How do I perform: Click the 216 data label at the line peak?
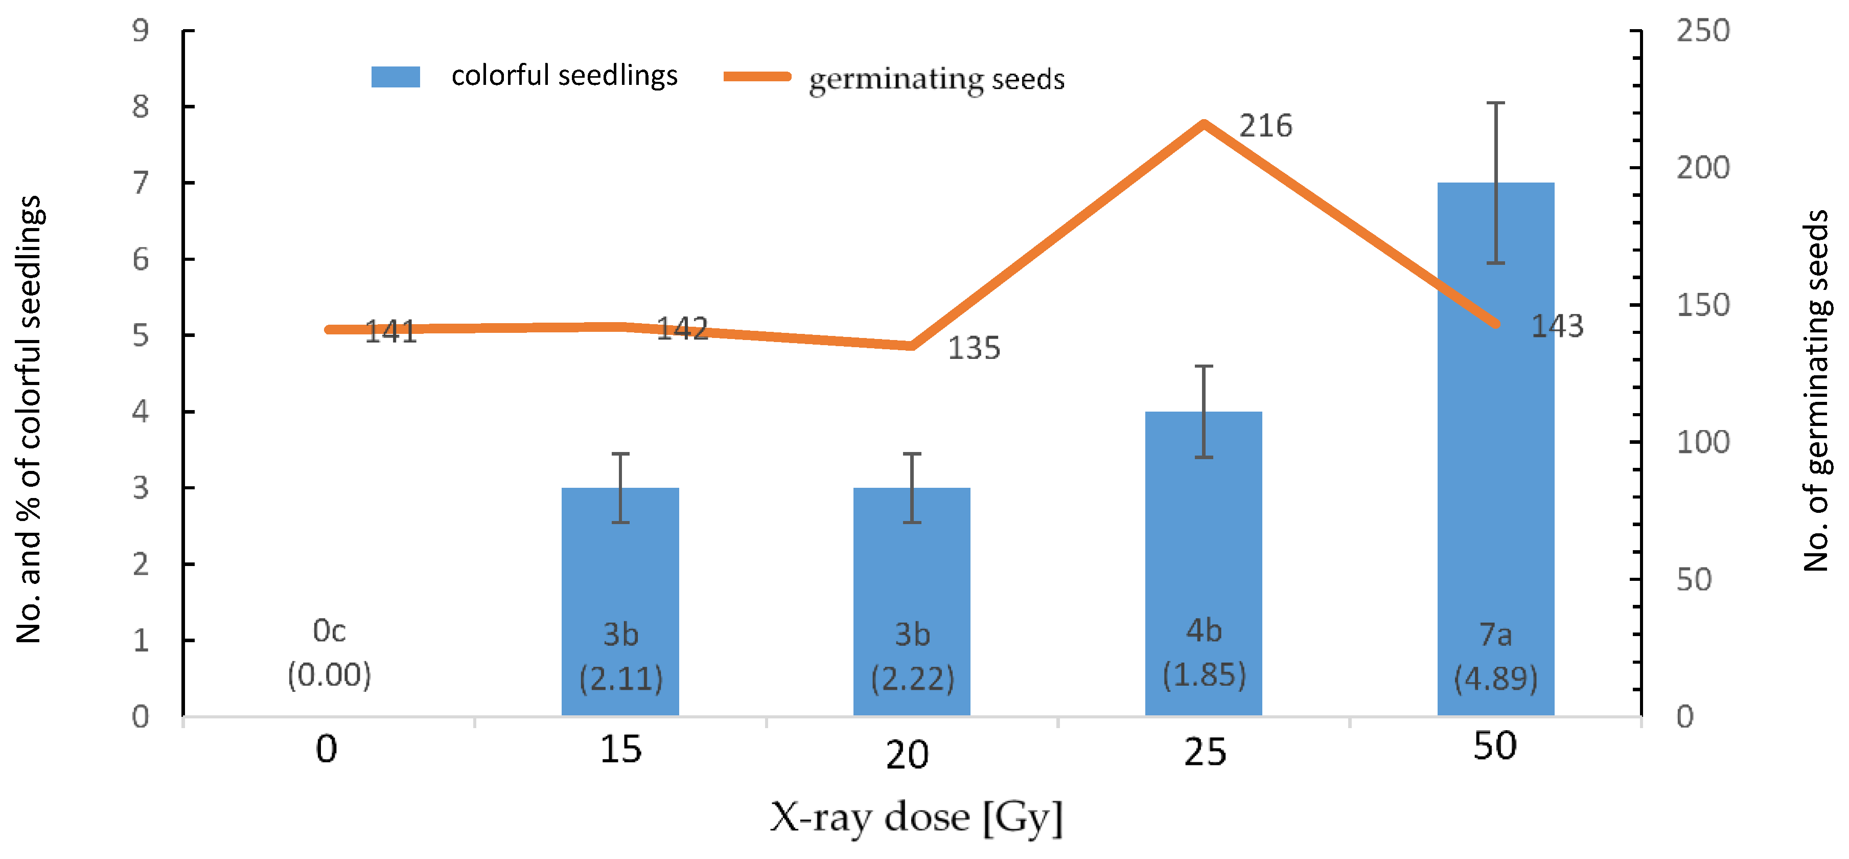(x=1265, y=126)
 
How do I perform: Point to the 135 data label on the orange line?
(x=974, y=348)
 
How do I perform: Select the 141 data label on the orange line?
(x=390, y=332)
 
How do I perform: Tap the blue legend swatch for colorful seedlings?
(x=396, y=77)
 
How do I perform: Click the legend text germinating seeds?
(x=937, y=79)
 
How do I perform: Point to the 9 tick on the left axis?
(x=141, y=30)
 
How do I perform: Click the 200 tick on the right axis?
(x=1702, y=168)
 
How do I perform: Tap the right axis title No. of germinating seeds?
(x=1816, y=392)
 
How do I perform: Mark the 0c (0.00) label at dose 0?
(x=330, y=653)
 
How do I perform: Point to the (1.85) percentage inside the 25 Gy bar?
(x=1204, y=675)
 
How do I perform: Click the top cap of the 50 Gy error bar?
(x=1496, y=103)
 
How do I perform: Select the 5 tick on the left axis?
(x=141, y=335)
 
